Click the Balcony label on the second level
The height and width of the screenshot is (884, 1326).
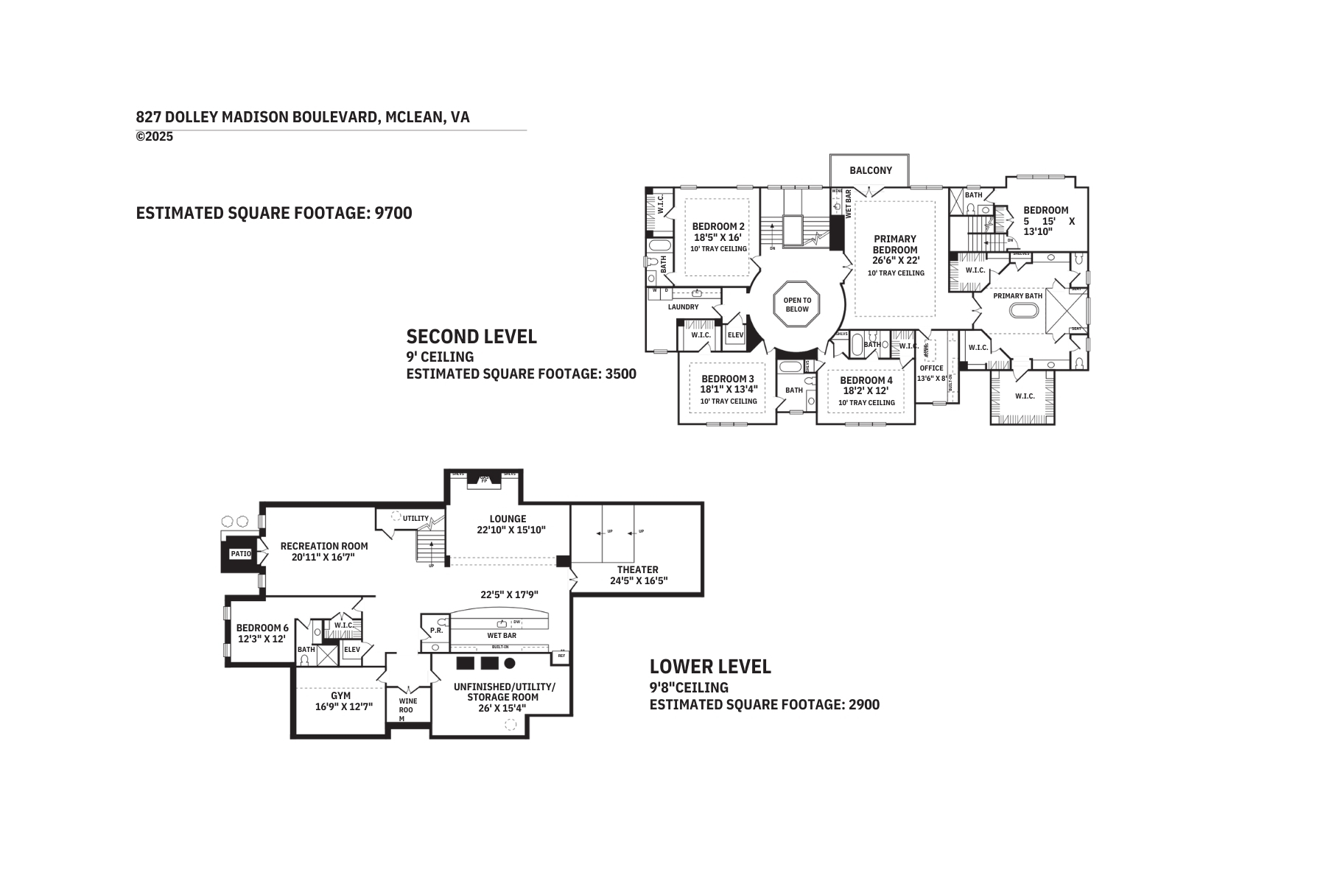point(870,170)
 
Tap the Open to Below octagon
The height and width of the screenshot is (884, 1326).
point(796,304)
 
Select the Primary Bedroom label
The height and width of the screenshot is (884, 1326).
point(895,244)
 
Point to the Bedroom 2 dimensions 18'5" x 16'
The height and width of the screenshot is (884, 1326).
point(718,237)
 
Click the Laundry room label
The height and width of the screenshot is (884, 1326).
point(683,306)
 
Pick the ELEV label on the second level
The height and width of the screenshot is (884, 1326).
point(735,335)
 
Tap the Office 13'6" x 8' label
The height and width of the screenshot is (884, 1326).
point(932,373)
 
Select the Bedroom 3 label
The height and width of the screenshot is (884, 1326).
point(727,379)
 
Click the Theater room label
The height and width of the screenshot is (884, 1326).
point(637,569)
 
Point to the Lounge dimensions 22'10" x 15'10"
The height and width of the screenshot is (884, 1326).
point(511,530)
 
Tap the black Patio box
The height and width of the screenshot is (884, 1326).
point(240,553)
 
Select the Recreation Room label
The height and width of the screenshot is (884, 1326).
point(324,546)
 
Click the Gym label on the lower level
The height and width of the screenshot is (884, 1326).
point(340,695)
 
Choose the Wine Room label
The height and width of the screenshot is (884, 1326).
point(407,709)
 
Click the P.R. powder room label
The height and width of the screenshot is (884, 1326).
point(436,631)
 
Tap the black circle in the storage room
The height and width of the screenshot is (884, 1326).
point(510,663)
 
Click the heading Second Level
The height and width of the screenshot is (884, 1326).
point(471,337)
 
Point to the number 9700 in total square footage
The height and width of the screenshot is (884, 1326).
point(393,213)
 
